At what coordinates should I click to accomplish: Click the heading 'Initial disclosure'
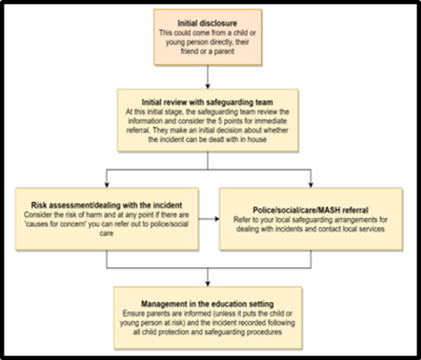(x=208, y=23)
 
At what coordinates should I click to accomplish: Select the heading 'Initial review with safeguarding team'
(x=208, y=103)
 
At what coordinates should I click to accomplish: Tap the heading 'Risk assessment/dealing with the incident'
(x=106, y=205)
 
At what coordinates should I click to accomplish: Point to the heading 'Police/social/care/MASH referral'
(x=311, y=210)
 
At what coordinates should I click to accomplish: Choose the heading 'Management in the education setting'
(x=208, y=304)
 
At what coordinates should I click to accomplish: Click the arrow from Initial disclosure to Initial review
(x=208, y=77)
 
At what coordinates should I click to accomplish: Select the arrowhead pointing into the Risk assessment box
(x=106, y=185)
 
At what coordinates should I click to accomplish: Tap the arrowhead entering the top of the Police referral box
(x=311, y=185)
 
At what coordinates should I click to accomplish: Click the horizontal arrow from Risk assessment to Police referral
(x=209, y=219)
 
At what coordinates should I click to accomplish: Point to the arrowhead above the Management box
(x=208, y=283)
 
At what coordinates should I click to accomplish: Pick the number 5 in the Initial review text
(x=219, y=120)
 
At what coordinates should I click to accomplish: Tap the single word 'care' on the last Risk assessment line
(x=106, y=234)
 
